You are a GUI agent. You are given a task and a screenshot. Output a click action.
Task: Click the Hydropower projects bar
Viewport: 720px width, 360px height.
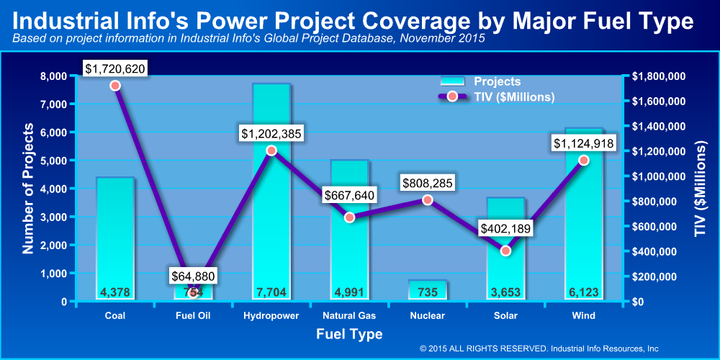point(271,216)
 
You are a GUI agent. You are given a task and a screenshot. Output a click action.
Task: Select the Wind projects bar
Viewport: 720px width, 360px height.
point(584,230)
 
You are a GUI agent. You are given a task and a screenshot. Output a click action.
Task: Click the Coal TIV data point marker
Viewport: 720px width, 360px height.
point(115,86)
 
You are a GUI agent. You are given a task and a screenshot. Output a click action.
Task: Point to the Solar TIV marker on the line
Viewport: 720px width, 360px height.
point(505,251)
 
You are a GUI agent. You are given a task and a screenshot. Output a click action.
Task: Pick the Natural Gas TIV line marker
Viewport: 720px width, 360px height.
point(349,217)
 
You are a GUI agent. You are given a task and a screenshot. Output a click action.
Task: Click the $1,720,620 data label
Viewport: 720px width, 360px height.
point(115,69)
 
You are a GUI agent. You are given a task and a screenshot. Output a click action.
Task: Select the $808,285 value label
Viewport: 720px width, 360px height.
point(428,184)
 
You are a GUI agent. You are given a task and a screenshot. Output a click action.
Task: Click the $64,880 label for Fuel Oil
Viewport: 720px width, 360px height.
point(193,276)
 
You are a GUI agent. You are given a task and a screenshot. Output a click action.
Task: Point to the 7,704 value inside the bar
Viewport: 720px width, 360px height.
point(271,292)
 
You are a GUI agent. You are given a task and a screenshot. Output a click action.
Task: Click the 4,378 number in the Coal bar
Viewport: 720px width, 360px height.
point(115,292)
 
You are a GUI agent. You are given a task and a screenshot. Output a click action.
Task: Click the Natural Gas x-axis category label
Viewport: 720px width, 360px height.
point(349,316)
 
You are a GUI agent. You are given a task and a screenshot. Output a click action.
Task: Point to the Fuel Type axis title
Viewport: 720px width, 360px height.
point(349,334)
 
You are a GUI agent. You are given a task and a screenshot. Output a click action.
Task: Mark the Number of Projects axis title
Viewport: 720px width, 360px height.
point(29,189)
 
